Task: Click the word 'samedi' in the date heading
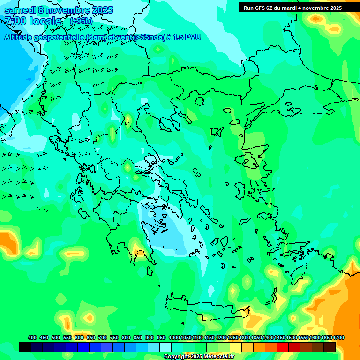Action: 19,10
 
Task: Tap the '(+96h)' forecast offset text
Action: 81,21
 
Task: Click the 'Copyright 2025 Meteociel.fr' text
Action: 199,357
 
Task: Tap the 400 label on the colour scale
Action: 32,338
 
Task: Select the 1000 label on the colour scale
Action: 174,338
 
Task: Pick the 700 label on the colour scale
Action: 103,338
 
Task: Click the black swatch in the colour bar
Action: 25,347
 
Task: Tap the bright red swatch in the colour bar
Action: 282,347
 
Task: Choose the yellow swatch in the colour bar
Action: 235,347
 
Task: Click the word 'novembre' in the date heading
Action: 70,10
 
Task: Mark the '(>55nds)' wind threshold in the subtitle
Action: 149,37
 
